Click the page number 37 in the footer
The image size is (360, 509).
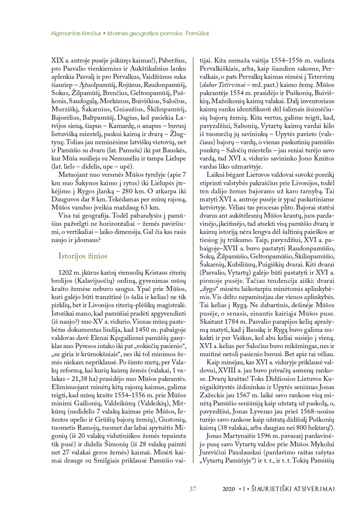click(193, 489)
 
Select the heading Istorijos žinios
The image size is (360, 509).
click(83, 256)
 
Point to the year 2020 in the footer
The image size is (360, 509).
click(229, 489)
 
